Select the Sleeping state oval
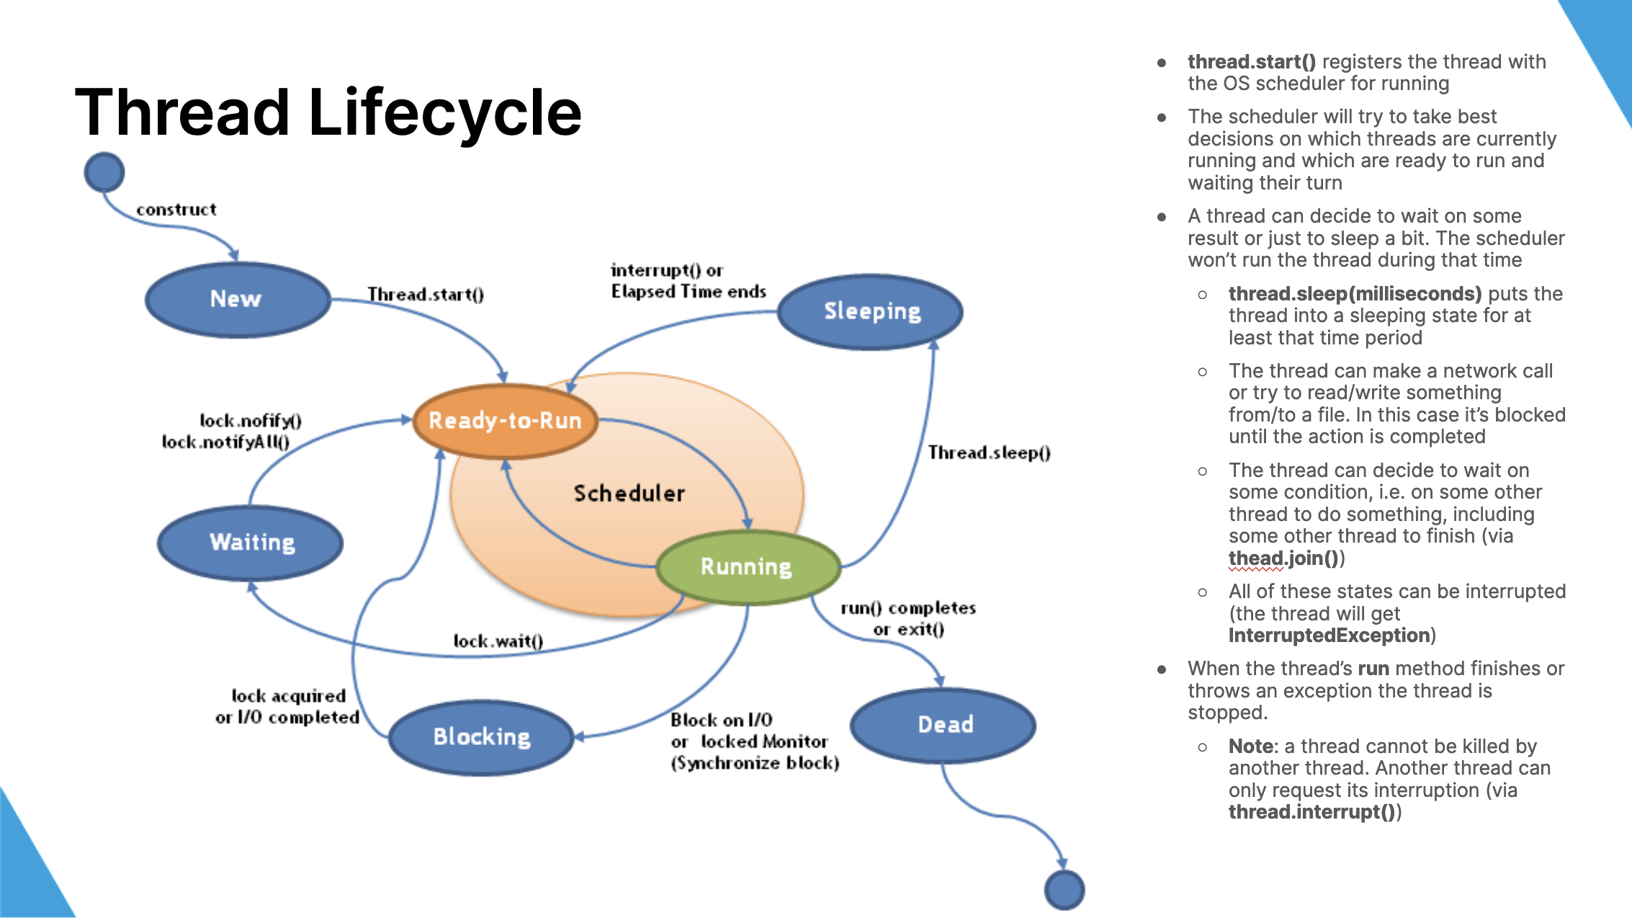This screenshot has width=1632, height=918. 871,311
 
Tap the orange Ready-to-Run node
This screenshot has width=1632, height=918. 505,421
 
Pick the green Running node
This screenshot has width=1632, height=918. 748,567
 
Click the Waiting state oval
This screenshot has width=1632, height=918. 251,543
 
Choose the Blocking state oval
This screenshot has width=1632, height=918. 481,737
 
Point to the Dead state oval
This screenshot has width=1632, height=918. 943,725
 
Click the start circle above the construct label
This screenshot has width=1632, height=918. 104,172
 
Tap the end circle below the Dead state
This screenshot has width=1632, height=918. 1064,890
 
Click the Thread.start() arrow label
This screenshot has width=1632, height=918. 426,294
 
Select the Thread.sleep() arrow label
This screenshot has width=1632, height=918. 989,453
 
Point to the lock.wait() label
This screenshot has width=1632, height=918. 498,641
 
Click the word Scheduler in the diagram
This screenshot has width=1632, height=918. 629,494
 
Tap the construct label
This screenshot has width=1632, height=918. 176,210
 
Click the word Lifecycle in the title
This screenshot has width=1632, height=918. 444,112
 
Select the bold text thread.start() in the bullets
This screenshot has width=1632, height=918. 1251,62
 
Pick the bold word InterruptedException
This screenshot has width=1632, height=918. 1329,636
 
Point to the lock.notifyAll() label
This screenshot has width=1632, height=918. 225,442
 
